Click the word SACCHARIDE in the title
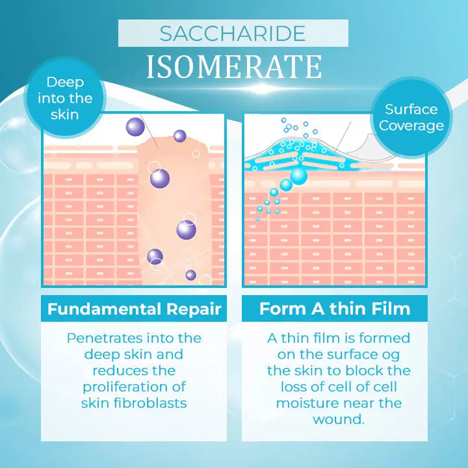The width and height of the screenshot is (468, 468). [x=233, y=33]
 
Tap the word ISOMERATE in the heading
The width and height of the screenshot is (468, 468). [x=233, y=66]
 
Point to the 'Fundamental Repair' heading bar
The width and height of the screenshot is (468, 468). [x=135, y=308]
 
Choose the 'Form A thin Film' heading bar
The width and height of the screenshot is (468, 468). [x=335, y=308]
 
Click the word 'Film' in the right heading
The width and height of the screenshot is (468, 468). [x=390, y=308]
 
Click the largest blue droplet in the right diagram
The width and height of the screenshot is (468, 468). [x=298, y=175]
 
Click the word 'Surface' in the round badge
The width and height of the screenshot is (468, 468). [x=411, y=109]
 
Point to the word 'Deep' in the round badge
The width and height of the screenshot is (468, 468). [x=65, y=83]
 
